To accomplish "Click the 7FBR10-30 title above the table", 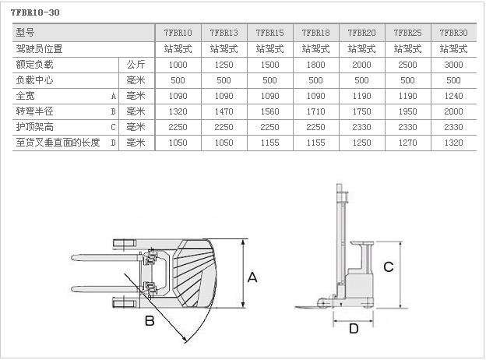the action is point(35,12).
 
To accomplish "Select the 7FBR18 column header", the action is point(315,33).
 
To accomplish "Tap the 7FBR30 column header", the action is point(453,33).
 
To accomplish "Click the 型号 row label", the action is point(25,32).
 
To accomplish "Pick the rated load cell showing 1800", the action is point(315,65).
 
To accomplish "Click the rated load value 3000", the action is point(453,65).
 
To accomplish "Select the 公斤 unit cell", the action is point(136,65).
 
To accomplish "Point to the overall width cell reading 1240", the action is point(453,96).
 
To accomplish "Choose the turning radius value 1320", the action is point(178,111).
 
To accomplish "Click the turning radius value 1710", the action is point(315,111).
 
